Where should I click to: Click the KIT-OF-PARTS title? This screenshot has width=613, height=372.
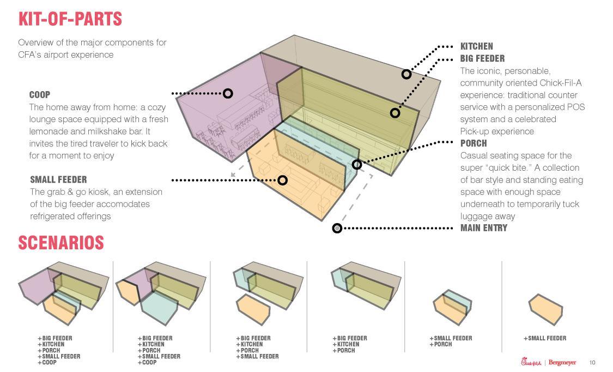(70, 19)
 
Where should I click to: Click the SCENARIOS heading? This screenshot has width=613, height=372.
(61, 243)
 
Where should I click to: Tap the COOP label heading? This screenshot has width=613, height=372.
(40, 95)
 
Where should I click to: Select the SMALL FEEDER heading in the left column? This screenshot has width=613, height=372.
(58, 179)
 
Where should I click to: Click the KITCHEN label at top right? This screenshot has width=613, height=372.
(476, 46)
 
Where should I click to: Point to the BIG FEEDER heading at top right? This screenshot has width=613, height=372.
(482, 58)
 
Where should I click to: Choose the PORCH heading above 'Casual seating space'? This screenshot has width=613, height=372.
(474, 143)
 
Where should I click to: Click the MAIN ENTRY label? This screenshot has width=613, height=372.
(483, 228)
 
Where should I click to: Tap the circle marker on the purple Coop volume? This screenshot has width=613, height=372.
(228, 94)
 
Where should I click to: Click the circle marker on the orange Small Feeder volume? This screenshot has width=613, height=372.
(282, 180)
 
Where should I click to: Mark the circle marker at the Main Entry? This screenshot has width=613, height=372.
(337, 228)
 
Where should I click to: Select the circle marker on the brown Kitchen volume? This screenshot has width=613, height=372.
(406, 74)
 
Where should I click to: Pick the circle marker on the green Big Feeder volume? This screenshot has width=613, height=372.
(395, 113)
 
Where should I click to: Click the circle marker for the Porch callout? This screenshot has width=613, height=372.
(357, 164)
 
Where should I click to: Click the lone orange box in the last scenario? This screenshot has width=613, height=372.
(545, 309)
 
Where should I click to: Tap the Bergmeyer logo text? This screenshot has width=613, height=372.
(562, 363)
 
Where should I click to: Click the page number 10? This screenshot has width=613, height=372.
(592, 363)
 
